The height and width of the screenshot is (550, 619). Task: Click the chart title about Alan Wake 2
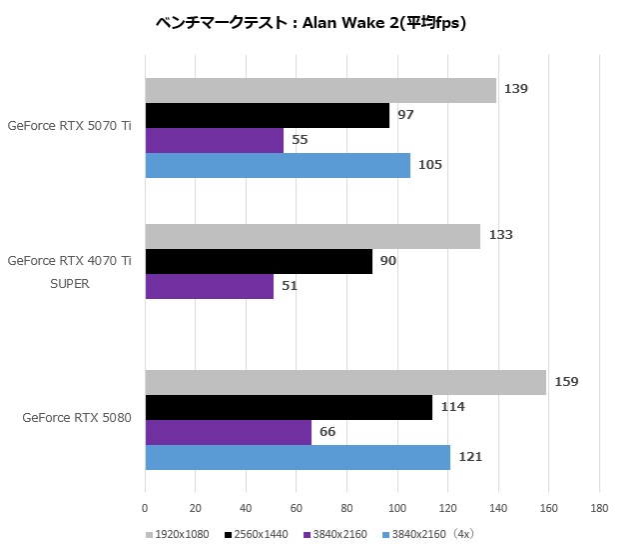(x=310, y=23)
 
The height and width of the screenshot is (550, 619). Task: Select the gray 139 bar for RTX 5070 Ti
(x=320, y=90)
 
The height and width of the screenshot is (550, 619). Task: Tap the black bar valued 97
(x=268, y=115)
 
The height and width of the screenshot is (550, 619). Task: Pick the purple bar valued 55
(x=215, y=140)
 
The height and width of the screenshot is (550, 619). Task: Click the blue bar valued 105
(x=278, y=165)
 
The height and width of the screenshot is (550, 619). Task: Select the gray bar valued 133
(x=312, y=236)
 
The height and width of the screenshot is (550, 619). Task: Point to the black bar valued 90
(x=259, y=261)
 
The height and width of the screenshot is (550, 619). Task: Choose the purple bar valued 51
(x=210, y=286)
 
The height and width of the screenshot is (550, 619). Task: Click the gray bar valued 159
(x=345, y=382)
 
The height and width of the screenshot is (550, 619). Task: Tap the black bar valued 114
(x=289, y=407)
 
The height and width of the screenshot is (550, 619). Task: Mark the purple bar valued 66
(x=229, y=432)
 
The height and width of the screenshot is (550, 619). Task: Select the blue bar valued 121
(x=298, y=457)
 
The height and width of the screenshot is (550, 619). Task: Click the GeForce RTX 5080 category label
(x=77, y=418)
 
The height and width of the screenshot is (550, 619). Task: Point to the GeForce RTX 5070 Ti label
(x=69, y=126)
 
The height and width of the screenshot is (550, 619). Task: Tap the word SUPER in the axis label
(x=69, y=283)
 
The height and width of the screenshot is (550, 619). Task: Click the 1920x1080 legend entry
(x=181, y=534)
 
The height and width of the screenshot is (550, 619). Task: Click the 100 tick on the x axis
(x=397, y=508)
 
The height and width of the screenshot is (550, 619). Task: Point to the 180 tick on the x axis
(x=598, y=508)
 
